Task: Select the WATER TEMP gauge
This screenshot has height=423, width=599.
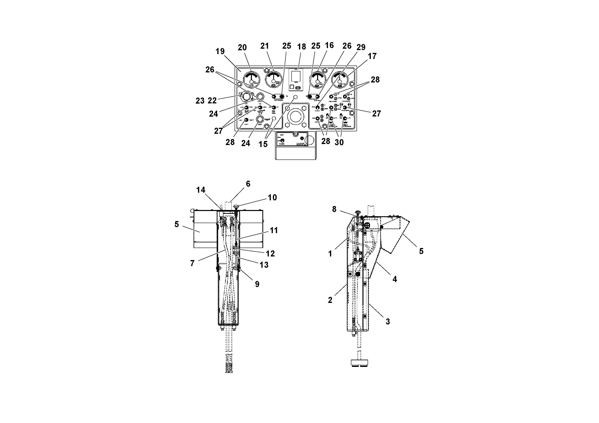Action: pos(274,79)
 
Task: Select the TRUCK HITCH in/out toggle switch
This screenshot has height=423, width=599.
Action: pos(345,107)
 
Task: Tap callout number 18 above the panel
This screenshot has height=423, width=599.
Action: pos(302,47)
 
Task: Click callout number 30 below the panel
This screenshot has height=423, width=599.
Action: pos(339,142)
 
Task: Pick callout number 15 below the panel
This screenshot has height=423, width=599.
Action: pos(263,144)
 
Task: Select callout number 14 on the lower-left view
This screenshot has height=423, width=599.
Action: pos(201,190)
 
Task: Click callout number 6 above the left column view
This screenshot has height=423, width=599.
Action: pos(248,184)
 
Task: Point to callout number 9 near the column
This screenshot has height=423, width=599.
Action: pos(257,284)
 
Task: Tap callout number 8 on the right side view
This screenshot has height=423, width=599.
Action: pos(334,209)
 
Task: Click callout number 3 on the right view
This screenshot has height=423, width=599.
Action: pos(388,322)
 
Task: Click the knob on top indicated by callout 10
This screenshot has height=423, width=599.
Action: pos(236,207)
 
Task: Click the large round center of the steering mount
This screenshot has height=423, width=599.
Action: pos(295,116)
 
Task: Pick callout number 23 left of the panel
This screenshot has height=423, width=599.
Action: pos(200,101)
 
